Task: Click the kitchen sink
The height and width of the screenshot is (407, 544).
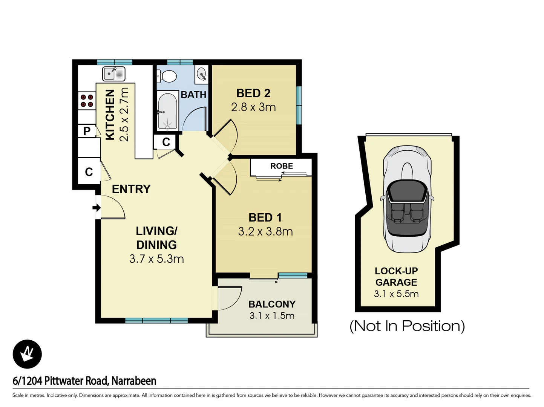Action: click(113, 74)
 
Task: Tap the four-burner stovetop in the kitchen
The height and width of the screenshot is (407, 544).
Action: click(87, 101)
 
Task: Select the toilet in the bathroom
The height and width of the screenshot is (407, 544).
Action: click(167, 77)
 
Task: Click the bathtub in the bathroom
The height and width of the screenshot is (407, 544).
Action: click(167, 111)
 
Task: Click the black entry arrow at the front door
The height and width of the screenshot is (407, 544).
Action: click(97, 207)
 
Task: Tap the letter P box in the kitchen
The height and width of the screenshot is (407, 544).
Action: click(87, 131)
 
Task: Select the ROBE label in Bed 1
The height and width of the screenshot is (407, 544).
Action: click(281, 166)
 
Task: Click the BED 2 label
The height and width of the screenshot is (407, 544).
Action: click(253, 93)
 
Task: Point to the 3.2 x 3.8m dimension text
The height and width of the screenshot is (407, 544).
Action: click(265, 231)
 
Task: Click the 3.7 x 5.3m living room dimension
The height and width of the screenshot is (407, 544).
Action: click(156, 259)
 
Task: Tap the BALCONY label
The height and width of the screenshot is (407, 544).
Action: click(272, 304)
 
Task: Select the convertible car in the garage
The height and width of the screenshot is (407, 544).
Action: click(407, 199)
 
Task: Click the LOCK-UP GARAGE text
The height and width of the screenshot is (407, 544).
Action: click(396, 277)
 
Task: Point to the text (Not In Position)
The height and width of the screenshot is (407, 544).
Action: click(407, 326)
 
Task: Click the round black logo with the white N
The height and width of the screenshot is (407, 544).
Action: click(27, 354)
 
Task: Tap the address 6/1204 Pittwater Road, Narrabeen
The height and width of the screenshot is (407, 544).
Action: click(84, 381)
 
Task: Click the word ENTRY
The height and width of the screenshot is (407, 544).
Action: click(131, 189)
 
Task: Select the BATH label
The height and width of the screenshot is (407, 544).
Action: click(193, 95)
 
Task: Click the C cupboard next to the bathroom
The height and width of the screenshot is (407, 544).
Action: click(166, 142)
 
